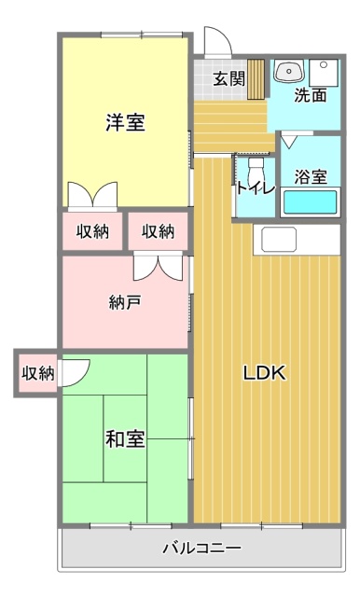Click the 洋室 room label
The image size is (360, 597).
coord(124,122)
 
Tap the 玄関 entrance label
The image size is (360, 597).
coord(228,78)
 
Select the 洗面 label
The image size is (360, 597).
coord(311,95)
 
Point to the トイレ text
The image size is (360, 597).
coord(255,187)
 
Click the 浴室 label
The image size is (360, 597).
coord(310,176)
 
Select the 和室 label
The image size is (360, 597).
coord(124,438)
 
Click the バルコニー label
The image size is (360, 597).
coord(201,548)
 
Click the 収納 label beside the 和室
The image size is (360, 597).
coord(37,373)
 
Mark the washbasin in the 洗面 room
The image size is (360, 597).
coord(289,72)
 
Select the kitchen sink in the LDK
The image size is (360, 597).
coord(279,239)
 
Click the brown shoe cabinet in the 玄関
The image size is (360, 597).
coord(257,78)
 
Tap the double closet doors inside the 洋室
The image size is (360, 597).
coord(91,195)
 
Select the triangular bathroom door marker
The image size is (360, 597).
coord(291,142)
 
